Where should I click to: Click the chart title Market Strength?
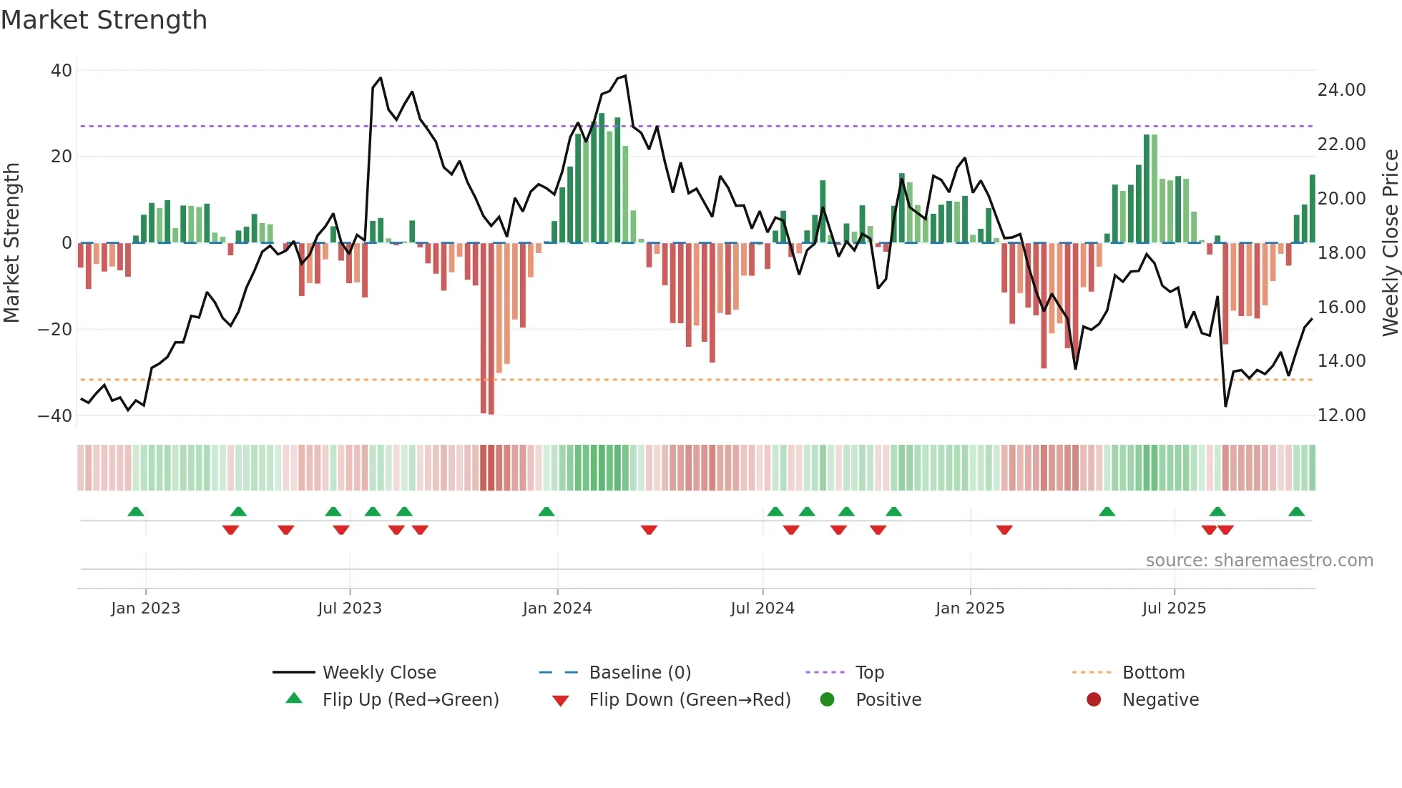104,20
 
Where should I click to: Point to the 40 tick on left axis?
62,71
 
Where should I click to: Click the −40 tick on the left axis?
55,415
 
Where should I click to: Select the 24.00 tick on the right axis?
1341,90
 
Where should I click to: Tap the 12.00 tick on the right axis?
1341,415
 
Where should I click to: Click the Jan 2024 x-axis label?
557,609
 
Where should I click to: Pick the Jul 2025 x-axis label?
1174,609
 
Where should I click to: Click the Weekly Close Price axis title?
1390,243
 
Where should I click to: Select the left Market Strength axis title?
12,243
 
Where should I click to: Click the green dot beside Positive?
827,700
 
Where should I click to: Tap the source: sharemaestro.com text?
1259,561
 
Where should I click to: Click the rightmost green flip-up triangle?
1296,512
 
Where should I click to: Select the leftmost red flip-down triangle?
230,530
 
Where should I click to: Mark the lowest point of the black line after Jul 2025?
1225,406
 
